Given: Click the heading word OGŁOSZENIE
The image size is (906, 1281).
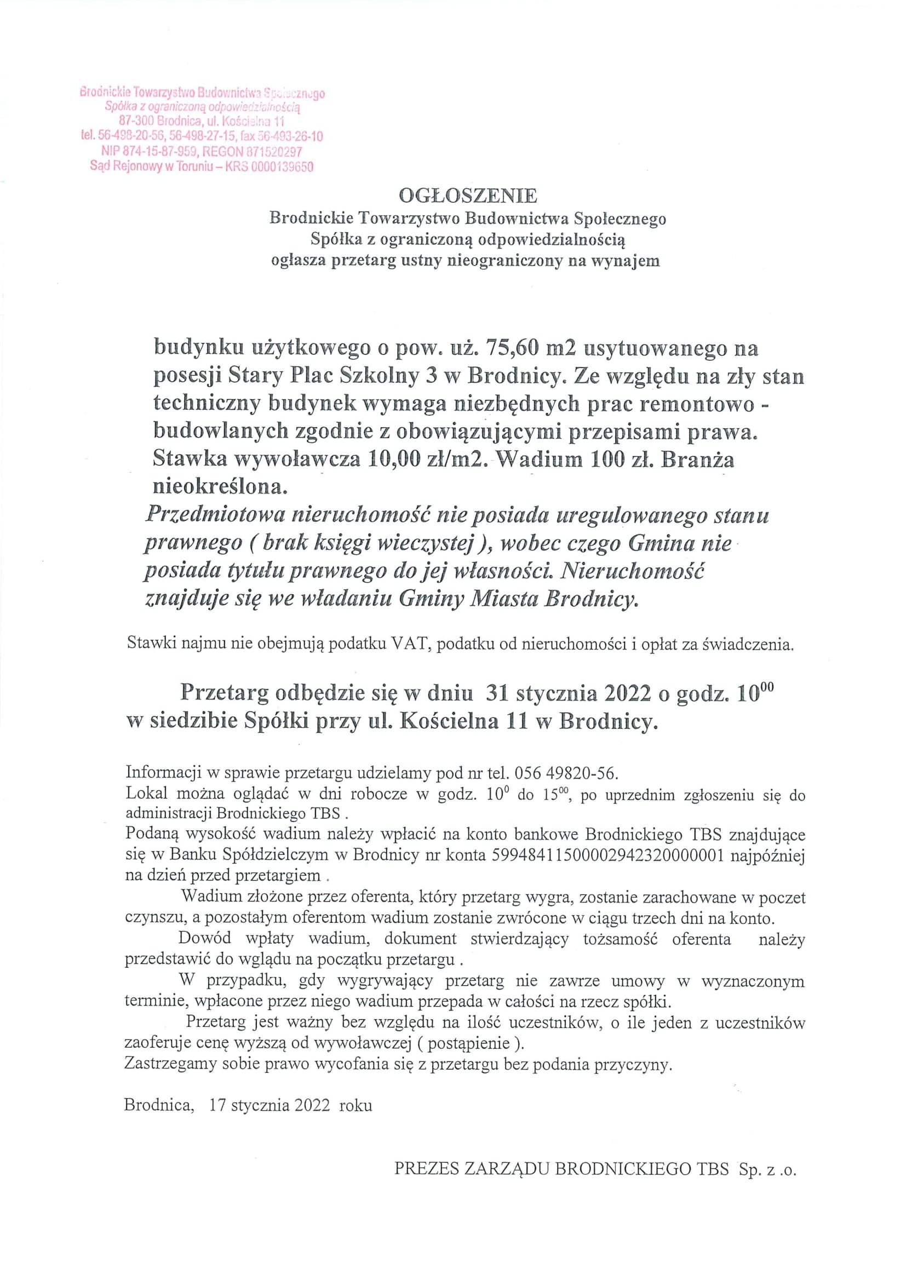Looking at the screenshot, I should (467, 196).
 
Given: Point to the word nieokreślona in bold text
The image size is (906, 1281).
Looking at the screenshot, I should (220, 487).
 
